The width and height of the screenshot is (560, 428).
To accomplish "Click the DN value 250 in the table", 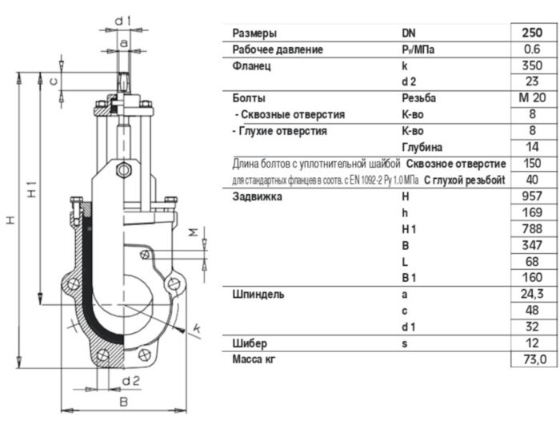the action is pos(532,33).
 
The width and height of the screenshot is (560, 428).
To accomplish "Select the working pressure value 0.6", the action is pos(532,50).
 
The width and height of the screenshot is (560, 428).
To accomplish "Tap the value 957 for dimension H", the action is pos(532,196).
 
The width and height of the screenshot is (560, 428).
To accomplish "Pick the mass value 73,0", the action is pos(534,359).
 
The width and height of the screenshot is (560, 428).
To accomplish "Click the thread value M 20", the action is pos(532,97).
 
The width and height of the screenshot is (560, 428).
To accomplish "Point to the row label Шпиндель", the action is pos(258,295).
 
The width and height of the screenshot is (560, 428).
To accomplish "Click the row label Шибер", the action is pos(250,343).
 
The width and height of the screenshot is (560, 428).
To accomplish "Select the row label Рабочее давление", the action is pos(278,50).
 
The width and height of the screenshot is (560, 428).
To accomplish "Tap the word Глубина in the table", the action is pos(422,147).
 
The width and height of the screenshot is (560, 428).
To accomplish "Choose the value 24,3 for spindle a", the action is pos(532,294).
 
